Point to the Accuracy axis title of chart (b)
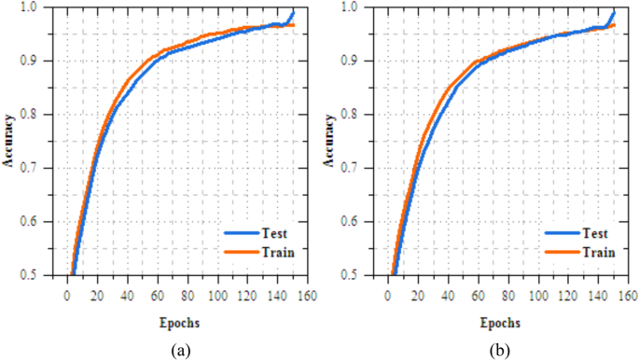coord(331,141)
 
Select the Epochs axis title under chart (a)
coord(177,323)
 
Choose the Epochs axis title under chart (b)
coord(497,323)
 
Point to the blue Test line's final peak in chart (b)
coord(614,10)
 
